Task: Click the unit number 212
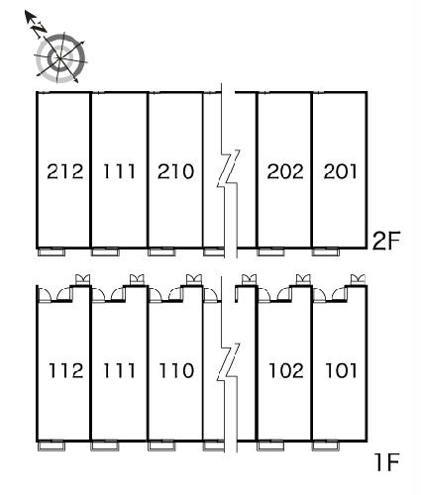tap(65, 171)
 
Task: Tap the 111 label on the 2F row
tap(119, 171)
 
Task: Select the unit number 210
tap(175, 171)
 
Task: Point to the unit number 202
tap(285, 171)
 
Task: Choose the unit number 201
tap(340, 171)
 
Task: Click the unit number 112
tap(65, 370)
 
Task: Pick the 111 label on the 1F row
tap(119, 370)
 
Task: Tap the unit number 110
tap(176, 370)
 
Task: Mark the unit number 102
tap(286, 370)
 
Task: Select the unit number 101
tap(341, 370)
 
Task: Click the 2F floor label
tap(385, 241)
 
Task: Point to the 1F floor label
tap(387, 462)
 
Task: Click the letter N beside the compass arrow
tap(39, 29)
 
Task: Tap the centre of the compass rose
tap(60, 58)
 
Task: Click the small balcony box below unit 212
tap(52, 252)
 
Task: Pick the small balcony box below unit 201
tap(326, 252)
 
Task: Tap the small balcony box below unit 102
tap(270, 446)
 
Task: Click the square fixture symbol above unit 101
tap(358, 279)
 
